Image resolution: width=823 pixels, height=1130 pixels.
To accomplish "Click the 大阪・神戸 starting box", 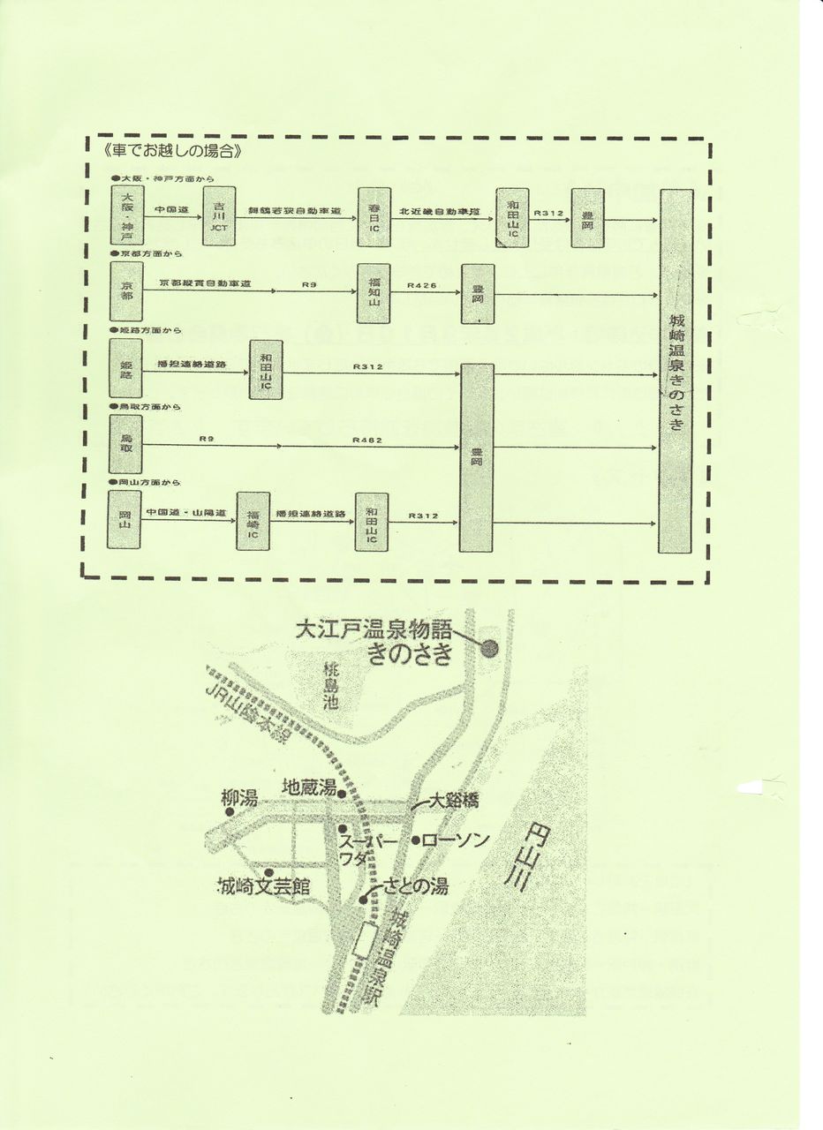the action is coord(127,217).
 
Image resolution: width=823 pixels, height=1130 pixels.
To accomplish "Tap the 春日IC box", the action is coord(373,217).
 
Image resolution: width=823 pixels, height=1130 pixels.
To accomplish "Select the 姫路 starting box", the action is coord(127,369).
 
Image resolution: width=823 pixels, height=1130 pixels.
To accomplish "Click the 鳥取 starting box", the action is coord(127,445).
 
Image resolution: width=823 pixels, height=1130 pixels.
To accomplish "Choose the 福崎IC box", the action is coord(253,521).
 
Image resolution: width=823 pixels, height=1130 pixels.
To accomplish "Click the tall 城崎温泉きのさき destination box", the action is coord(676,371).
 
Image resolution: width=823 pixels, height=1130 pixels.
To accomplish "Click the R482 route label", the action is coord(366,440).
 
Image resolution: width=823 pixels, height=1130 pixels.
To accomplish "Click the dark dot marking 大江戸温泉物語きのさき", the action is coord(489,649).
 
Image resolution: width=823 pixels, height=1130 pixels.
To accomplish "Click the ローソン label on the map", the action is coord(456,840).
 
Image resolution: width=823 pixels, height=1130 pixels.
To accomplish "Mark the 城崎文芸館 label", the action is coord(264,885).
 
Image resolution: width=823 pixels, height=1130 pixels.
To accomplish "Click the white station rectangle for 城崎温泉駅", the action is coord(363,939).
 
